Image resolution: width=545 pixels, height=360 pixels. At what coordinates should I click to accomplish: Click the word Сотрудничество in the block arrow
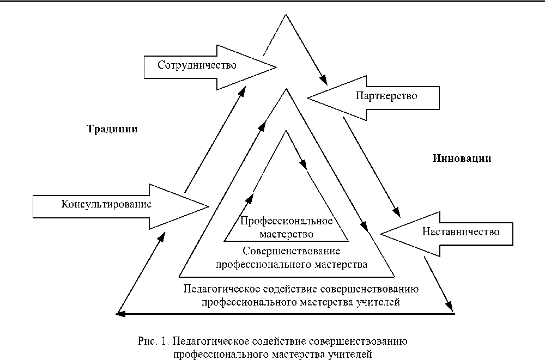[x=197, y=66]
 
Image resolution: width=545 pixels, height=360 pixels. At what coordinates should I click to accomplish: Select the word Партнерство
[x=386, y=96]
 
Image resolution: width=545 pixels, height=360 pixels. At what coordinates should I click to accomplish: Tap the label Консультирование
[x=106, y=204]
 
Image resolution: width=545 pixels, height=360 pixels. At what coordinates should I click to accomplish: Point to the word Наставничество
[x=461, y=232]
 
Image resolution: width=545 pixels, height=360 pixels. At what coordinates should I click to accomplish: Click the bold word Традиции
[x=112, y=130]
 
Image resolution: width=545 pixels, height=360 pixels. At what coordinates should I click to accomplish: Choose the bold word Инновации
[x=463, y=158]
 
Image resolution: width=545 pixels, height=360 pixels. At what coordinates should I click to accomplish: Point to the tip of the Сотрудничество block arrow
[x=276, y=68]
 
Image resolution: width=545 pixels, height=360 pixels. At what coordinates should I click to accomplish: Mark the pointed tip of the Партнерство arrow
[x=308, y=98]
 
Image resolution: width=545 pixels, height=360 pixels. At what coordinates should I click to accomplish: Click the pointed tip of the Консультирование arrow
[x=209, y=206]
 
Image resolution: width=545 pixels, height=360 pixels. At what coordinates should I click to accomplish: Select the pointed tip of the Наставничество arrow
[x=380, y=234]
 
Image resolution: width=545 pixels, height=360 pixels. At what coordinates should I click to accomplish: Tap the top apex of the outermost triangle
[x=284, y=15]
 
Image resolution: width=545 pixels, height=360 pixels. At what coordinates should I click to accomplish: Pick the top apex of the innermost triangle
[x=285, y=131]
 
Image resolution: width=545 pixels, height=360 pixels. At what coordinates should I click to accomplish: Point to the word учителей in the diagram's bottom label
[x=380, y=301]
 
